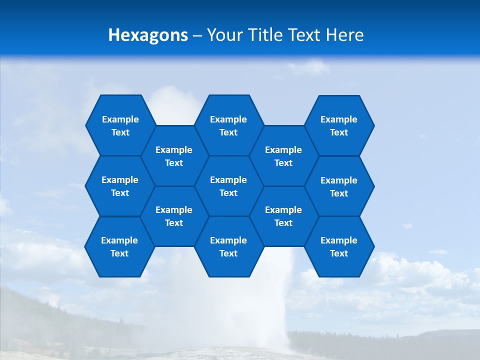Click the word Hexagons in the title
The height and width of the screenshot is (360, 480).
148,35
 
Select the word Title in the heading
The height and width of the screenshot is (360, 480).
265,35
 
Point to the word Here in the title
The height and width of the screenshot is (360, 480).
344,35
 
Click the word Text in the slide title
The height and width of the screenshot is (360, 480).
305,35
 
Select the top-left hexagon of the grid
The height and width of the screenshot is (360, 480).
120,125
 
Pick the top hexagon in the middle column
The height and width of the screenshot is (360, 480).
228,125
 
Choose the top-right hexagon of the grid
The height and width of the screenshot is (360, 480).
339,125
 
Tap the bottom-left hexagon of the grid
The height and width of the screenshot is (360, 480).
119,246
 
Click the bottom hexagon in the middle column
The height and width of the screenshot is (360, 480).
228,246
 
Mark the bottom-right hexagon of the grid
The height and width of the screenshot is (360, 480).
339,246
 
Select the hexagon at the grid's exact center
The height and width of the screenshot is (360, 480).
228,186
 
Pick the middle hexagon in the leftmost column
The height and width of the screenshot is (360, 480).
120,186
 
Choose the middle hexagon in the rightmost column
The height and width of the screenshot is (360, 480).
339,186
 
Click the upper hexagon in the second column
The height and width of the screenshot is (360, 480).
174,156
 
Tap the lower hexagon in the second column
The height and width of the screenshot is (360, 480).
174,216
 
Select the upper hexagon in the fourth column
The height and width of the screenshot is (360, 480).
283,156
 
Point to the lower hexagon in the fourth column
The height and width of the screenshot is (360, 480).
283,216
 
